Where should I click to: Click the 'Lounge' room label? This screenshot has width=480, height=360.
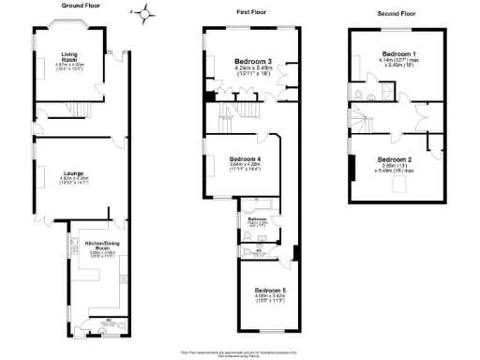pyautogui.click(x=74, y=172)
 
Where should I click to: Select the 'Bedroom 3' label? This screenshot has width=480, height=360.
pyautogui.click(x=251, y=62)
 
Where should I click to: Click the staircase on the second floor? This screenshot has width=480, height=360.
pyautogui.click(x=365, y=120)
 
